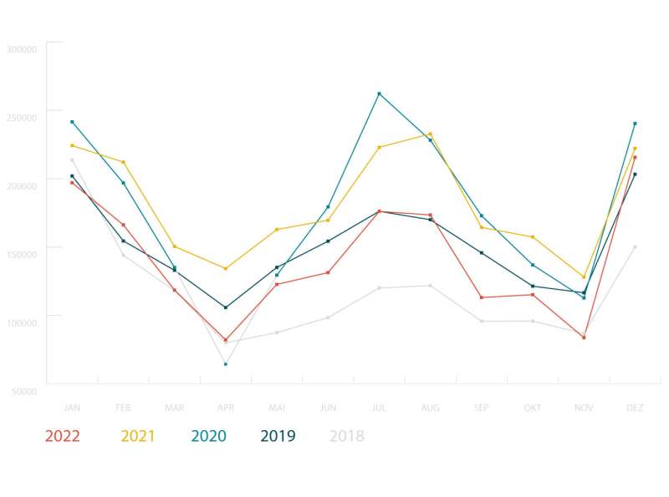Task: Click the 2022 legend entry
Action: [x=62, y=436]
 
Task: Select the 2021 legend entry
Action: [x=138, y=436]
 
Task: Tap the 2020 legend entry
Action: [x=209, y=436]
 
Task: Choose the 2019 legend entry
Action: [x=278, y=436]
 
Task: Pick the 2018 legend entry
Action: [x=347, y=436]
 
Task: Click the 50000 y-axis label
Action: [x=23, y=391]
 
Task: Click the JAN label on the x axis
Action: [x=72, y=408]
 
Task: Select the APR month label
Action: [x=226, y=408]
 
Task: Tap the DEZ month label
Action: [x=636, y=408]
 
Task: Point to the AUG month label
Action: [x=431, y=408]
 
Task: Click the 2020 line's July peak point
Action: [x=379, y=94]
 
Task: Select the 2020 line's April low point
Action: [x=226, y=364]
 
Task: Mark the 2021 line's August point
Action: [x=431, y=134]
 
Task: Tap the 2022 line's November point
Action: [x=584, y=337]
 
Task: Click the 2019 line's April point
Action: [x=226, y=307]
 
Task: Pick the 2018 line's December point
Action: [x=636, y=247]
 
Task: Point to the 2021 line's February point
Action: [x=123, y=162]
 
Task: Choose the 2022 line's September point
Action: [x=482, y=297]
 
